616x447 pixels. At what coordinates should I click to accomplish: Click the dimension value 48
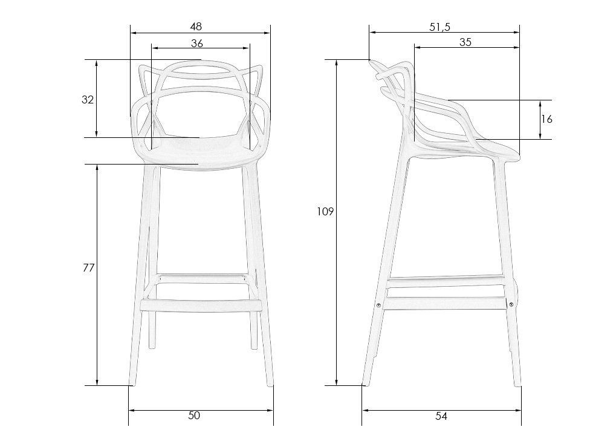click(196, 27)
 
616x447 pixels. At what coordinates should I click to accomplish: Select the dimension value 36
click(197, 43)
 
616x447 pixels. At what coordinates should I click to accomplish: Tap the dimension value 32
click(88, 100)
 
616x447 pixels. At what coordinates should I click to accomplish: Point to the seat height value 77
click(89, 268)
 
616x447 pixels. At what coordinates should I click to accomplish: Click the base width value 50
click(194, 415)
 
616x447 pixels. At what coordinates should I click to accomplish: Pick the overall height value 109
click(325, 212)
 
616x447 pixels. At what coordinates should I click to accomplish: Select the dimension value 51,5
click(439, 27)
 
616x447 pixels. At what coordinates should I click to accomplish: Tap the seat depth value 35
click(465, 42)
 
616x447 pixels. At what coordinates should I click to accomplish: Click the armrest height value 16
click(546, 119)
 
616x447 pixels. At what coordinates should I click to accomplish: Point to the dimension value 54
click(441, 416)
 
